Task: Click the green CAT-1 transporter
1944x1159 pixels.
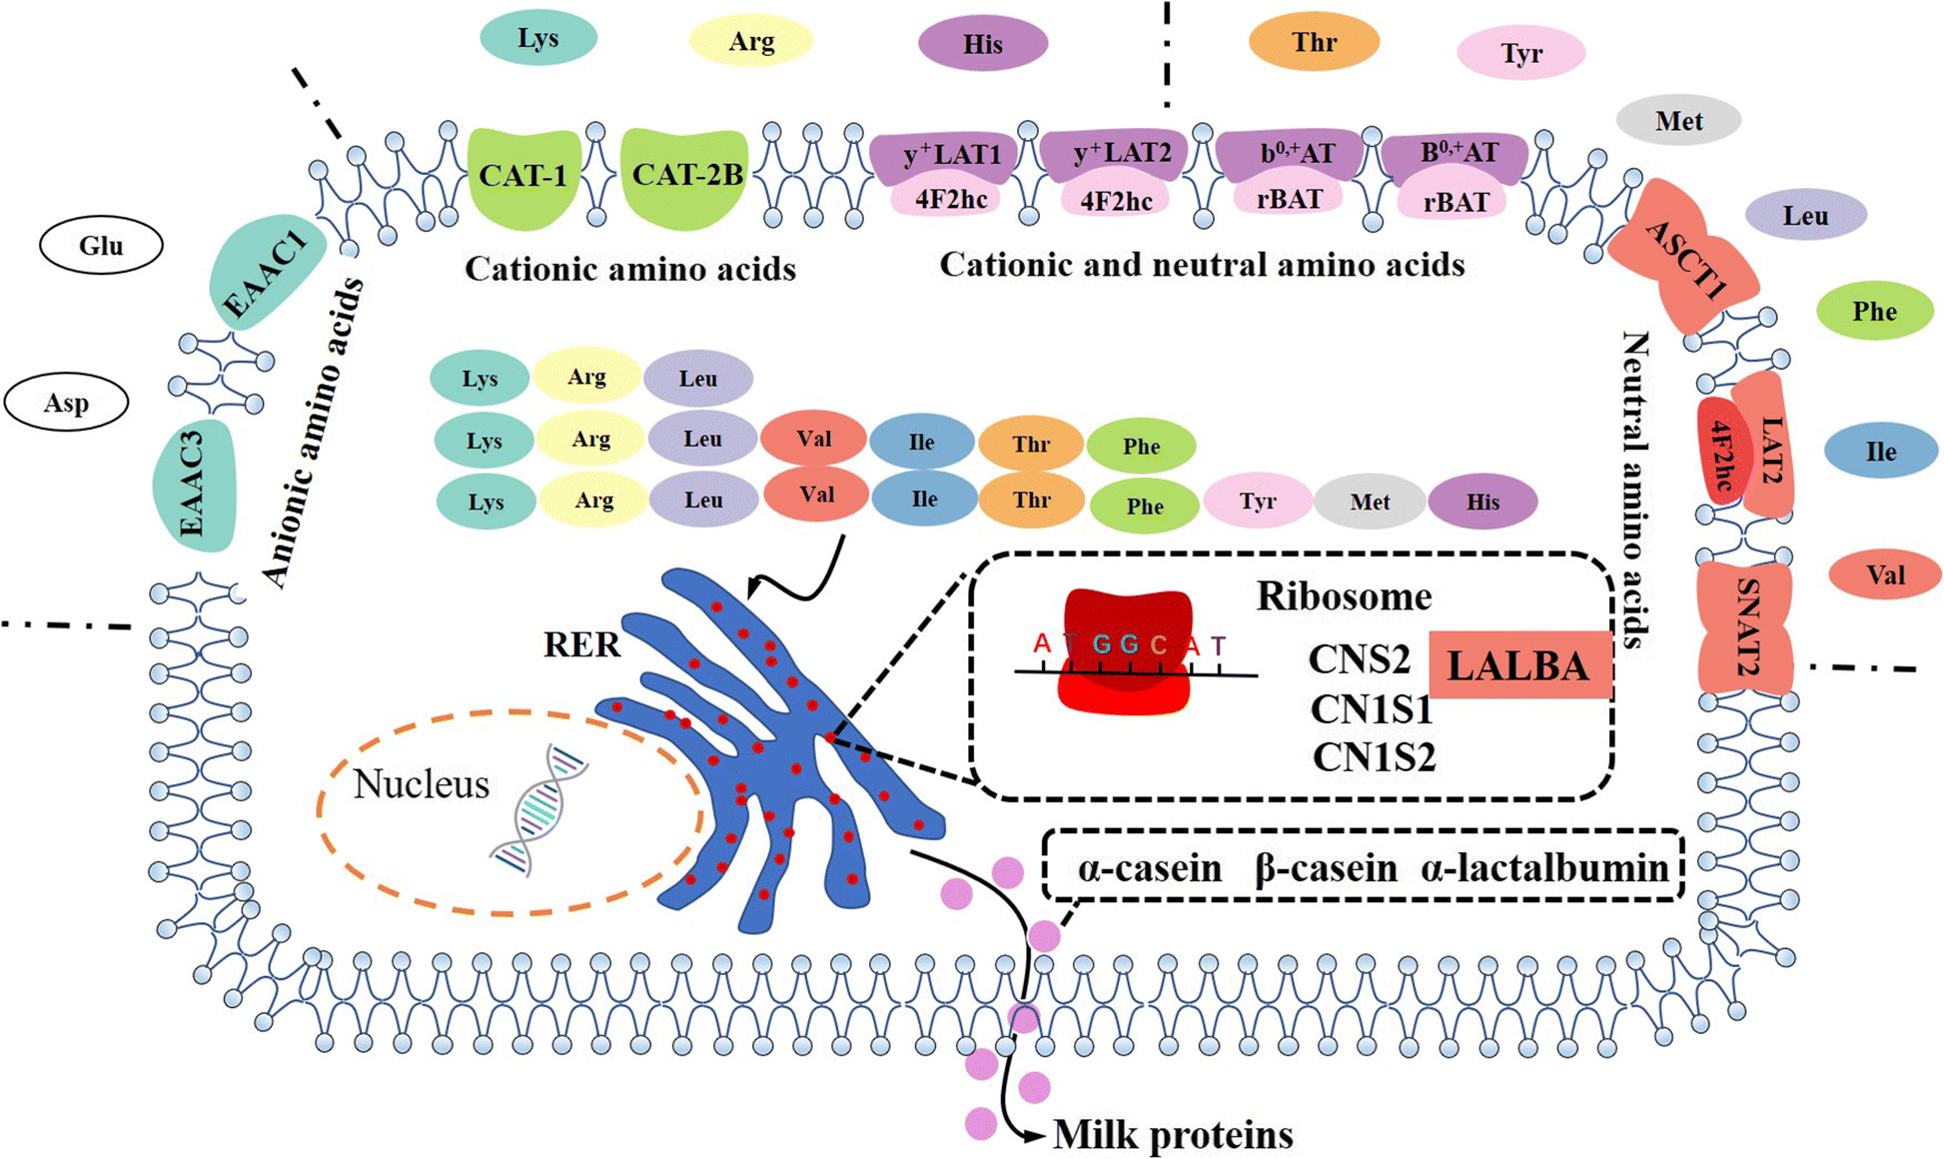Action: pyautogui.click(x=523, y=177)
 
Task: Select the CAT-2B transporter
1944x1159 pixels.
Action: pyautogui.click(x=686, y=177)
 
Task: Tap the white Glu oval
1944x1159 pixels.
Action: pyautogui.click(x=101, y=246)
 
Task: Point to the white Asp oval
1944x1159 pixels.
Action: pyautogui.click(x=66, y=403)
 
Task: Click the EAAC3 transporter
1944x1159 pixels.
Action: pyautogui.click(x=194, y=485)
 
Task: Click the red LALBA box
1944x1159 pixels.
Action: pyautogui.click(x=1518, y=665)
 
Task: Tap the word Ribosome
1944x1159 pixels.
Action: pyautogui.click(x=1344, y=596)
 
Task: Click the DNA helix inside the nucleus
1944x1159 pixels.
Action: pyautogui.click(x=539, y=809)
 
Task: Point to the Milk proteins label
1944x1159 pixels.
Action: pyautogui.click(x=1173, y=1135)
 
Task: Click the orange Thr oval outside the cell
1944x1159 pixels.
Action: pyautogui.click(x=1314, y=42)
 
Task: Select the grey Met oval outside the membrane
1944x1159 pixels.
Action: pyautogui.click(x=1678, y=121)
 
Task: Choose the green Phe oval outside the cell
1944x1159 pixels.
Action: pyautogui.click(x=1874, y=311)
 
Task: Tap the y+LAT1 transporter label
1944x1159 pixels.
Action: pyautogui.click(x=951, y=155)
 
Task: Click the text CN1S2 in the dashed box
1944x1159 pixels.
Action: pyautogui.click(x=1374, y=757)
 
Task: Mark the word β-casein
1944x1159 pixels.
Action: pyautogui.click(x=1326, y=868)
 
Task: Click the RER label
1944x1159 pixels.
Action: pyautogui.click(x=581, y=644)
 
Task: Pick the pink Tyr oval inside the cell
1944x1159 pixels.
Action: pyautogui.click(x=1257, y=501)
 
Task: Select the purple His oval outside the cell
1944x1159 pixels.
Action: pyautogui.click(x=982, y=44)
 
